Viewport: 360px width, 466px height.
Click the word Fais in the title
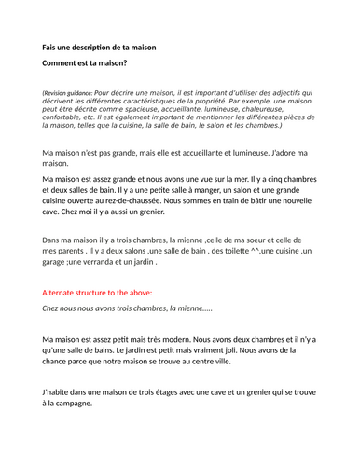tap(51, 47)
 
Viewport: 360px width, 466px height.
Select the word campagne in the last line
tap(71, 404)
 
